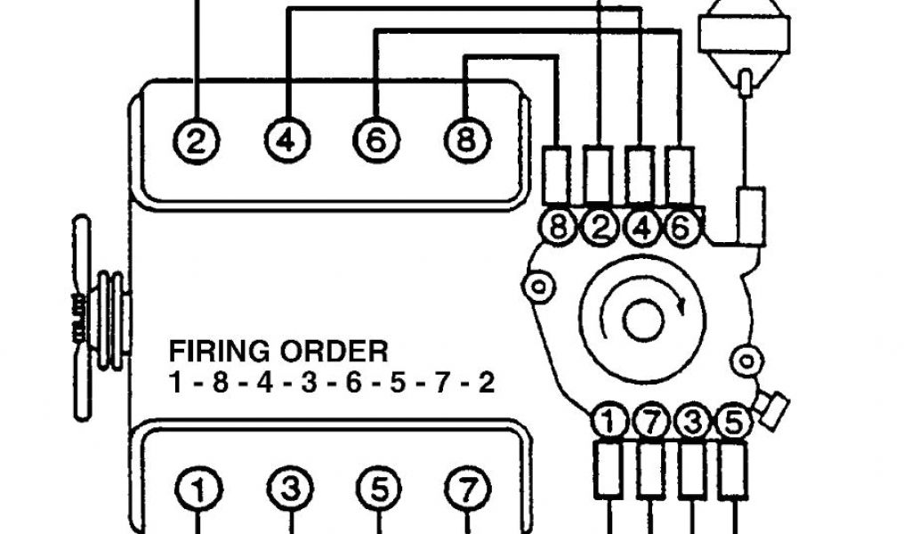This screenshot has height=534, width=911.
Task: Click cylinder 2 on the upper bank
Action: (198, 140)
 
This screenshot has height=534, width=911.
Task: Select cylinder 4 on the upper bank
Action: (286, 140)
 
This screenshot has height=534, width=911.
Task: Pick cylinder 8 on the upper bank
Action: (466, 140)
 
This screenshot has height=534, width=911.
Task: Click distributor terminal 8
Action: (559, 228)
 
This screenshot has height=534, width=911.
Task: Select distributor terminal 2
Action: (599, 228)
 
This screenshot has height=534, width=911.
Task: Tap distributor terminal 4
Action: (639, 228)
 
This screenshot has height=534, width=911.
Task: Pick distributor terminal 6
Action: (679, 228)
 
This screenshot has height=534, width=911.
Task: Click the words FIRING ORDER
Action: (278, 350)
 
